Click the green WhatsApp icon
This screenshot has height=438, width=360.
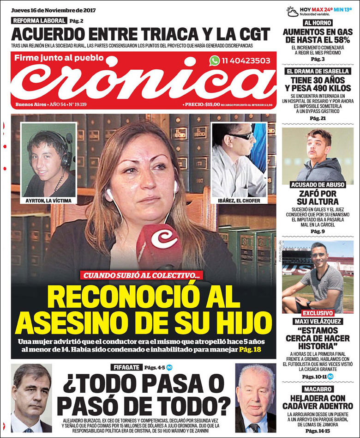click(x=215, y=61)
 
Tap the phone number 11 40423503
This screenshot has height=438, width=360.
click(x=246, y=61)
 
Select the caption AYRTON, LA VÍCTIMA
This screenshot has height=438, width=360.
click(x=48, y=201)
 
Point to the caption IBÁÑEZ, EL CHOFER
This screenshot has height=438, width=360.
click(x=239, y=201)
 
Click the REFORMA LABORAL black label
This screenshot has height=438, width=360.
click(x=39, y=20)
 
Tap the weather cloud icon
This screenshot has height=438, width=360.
click(x=293, y=11)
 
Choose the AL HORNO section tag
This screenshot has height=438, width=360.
click(x=318, y=23)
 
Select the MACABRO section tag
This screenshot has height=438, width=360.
click(x=318, y=389)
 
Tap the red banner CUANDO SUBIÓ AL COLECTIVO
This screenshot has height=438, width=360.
click(x=143, y=275)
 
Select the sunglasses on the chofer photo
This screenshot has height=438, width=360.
click(x=242, y=136)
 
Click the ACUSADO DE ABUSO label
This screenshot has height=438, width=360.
click(x=318, y=185)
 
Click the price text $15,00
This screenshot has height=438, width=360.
click(x=212, y=104)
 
